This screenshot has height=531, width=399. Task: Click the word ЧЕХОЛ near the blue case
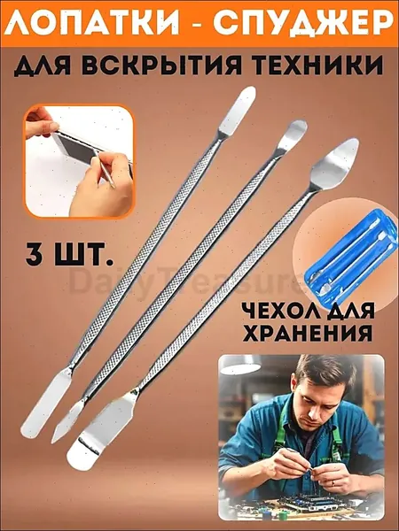click(x=274, y=312)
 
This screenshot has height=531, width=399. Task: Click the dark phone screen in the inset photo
click(x=78, y=150)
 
